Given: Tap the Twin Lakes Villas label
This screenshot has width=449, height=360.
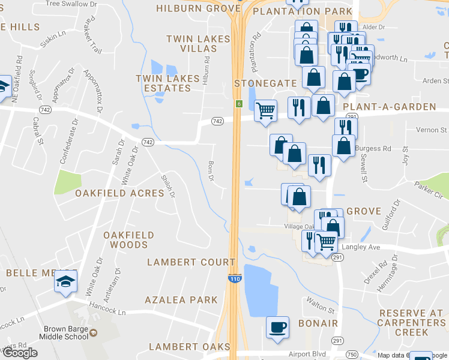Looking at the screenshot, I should pos(198,44).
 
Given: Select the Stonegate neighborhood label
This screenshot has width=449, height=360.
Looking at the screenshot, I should pos(265,83).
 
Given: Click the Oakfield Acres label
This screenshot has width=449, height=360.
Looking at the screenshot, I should pos(119,193).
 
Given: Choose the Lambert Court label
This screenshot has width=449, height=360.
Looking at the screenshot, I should pos(191,262).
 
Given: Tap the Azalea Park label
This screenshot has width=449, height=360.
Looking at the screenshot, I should pos(181,299).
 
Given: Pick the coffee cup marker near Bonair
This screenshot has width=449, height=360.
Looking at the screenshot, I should pos(277,327).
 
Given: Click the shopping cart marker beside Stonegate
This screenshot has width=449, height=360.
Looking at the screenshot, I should pos(265,110).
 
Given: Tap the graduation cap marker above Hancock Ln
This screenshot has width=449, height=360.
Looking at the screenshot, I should pos(65,281).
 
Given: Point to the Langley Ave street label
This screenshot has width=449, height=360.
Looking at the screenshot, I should pos(361,247).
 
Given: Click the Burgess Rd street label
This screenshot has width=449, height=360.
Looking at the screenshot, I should pos(373,148).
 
